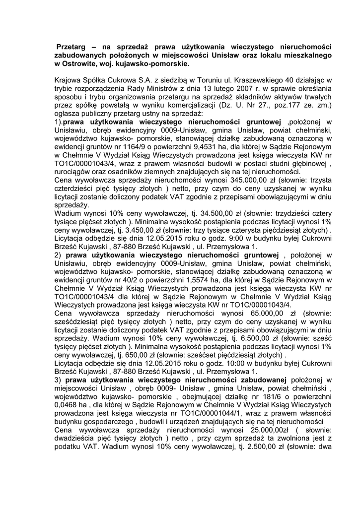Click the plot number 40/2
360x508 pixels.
123,279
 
